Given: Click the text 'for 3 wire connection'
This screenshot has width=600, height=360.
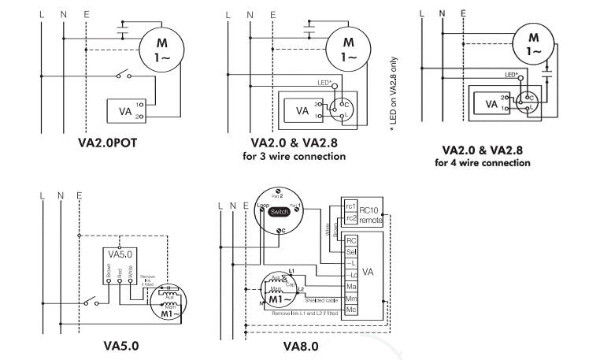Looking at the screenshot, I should coord(294,156).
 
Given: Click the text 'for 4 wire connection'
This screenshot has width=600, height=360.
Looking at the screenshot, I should coord(483,163).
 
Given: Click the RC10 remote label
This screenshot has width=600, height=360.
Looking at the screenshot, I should coord(370,214).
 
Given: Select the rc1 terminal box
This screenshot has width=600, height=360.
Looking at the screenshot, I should coord(351,206).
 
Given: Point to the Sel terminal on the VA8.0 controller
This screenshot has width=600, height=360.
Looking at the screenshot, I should coord(352,251).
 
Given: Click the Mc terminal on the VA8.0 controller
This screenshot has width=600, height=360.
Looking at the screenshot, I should coord(352,310).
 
